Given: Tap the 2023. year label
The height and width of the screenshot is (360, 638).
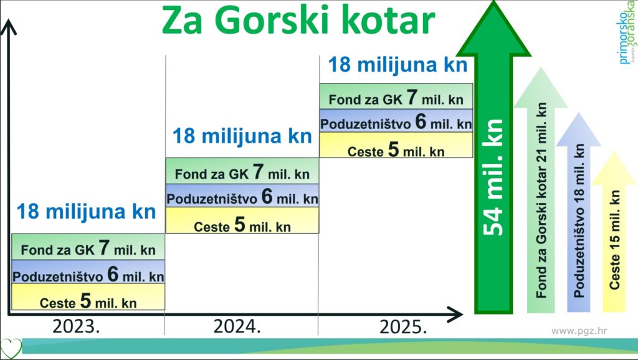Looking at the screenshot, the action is pos(76,326).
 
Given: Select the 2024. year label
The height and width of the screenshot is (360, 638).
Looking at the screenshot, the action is pos(237,326).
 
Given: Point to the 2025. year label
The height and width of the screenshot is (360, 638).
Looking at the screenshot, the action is pos(403,327).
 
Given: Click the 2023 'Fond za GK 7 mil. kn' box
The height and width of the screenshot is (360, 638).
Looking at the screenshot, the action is pos(88,247).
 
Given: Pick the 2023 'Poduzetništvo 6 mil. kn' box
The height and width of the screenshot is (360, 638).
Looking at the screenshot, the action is pos(88,272).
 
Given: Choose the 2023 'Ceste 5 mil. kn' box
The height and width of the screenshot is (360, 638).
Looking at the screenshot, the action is pos(88,297).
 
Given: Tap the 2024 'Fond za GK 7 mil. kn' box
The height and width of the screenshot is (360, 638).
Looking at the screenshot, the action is pos(242,171).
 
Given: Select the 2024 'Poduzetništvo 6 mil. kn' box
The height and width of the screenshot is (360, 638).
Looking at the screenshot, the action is pos(242,196).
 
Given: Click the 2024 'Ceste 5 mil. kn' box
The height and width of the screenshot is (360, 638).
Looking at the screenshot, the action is pos(242,220).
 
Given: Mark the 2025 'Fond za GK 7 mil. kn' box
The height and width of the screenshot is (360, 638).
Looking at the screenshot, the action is pos(396,97).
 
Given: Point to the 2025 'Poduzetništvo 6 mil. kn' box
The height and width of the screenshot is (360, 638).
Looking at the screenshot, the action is pos(396,121).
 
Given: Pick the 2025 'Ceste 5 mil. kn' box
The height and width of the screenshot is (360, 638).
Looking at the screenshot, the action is pos(396,145).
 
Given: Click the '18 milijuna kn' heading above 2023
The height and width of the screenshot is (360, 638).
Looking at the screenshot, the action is pos(86,212).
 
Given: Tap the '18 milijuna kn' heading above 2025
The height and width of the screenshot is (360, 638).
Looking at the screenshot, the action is pos(398,65).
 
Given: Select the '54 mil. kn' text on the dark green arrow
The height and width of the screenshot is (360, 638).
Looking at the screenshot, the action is pos(493,178).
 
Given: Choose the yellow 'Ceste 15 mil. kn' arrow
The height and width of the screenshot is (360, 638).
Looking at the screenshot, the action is pos(614,232).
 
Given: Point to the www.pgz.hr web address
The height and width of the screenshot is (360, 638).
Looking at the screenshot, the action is pos(579,331).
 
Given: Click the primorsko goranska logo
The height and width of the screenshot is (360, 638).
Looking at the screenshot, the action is pos(626,32).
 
